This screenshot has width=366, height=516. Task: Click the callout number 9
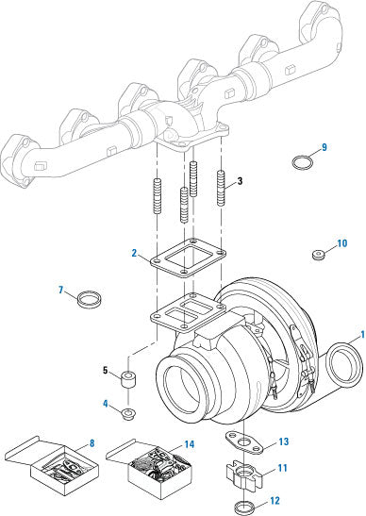[x=324, y=147]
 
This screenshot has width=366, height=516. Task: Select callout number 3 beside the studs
[x=240, y=181]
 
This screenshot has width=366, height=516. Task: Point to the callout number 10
[x=342, y=243]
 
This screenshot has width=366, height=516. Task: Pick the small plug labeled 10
[x=318, y=255]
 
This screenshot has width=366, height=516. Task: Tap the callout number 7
[x=61, y=290]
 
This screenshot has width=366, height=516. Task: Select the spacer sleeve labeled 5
[x=128, y=379]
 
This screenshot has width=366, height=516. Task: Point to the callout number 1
[x=362, y=335]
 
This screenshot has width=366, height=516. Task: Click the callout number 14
[x=190, y=444]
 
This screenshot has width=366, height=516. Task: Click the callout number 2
[x=134, y=253]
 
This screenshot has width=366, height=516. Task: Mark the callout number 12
[x=274, y=501]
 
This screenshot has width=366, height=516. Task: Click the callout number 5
[x=106, y=370]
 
